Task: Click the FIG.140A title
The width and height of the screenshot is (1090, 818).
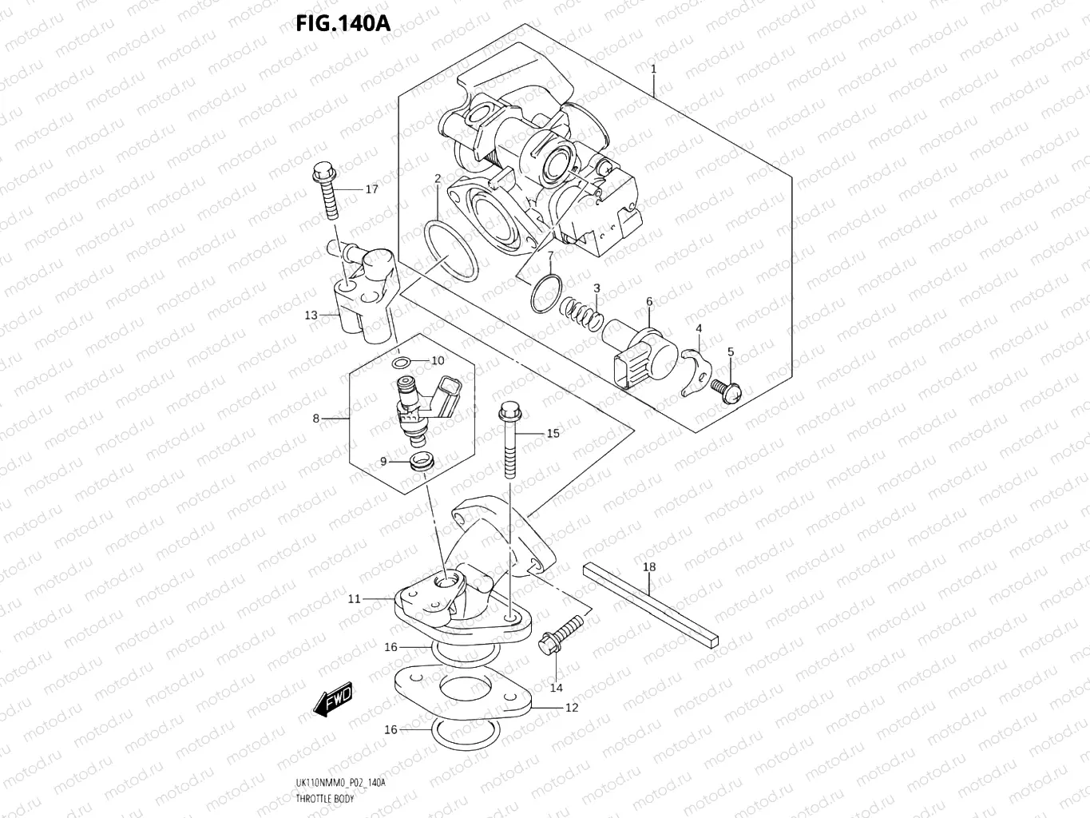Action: coord(343,23)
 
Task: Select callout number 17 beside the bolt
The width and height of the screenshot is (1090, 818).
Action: coord(371,189)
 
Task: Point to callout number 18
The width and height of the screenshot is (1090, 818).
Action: coord(649,567)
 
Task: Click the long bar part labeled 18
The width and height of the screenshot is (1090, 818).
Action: coord(651,604)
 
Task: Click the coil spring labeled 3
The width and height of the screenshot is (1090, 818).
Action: coord(582,313)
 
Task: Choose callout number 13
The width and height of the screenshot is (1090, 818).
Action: coord(311,315)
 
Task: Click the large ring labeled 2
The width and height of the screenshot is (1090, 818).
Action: coord(450,252)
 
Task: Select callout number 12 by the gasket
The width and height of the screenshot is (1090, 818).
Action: coord(571,708)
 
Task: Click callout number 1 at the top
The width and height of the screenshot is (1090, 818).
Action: coord(653,69)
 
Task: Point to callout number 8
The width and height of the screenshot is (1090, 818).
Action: coord(316,419)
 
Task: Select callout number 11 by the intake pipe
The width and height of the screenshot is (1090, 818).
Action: coord(354,598)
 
